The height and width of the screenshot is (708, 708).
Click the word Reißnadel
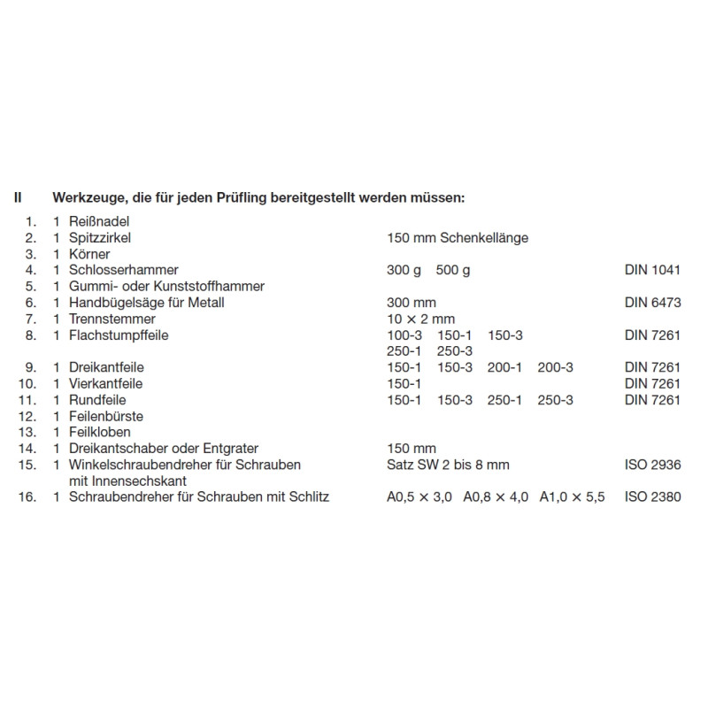pyautogui.click(x=99, y=222)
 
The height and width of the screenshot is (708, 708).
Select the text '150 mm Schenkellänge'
pyautogui.click(x=458, y=238)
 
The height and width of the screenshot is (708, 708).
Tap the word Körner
pyautogui.click(x=90, y=254)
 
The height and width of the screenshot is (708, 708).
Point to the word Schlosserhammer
pyautogui.click(x=123, y=270)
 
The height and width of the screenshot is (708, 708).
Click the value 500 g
pyautogui.click(x=454, y=270)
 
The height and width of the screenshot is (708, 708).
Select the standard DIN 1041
pyautogui.click(x=652, y=270)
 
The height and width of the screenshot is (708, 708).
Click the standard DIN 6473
pyautogui.click(x=652, y=303)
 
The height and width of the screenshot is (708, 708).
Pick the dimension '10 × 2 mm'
pyautogui.click(x=421, y=319)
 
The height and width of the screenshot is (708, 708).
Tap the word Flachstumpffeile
pyautogui.click(x=119, y=335)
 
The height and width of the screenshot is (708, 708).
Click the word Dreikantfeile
pyautogui.click(x=106, y=367)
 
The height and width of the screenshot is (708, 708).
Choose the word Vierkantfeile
pyautogui.click(x=105, y=384)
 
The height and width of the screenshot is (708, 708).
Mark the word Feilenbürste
pyautogui.click(x=106, y=416)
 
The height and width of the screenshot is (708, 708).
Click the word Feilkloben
pyautogui.click(x=100, y=432)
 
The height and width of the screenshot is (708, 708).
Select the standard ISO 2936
pyautogui.click(x=652, y=465)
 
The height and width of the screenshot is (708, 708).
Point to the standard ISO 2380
pyautogui.click(x=652, y=497)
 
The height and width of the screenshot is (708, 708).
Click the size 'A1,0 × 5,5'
pyautogui.click(x=573, y=497)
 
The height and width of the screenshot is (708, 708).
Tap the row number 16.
pyautogui.click(x=26, y=497)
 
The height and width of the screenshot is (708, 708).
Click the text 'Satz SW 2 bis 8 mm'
pyautogui.click(x=449, y=465)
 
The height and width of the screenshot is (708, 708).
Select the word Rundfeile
pyautogui.click(x=96, y=400)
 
